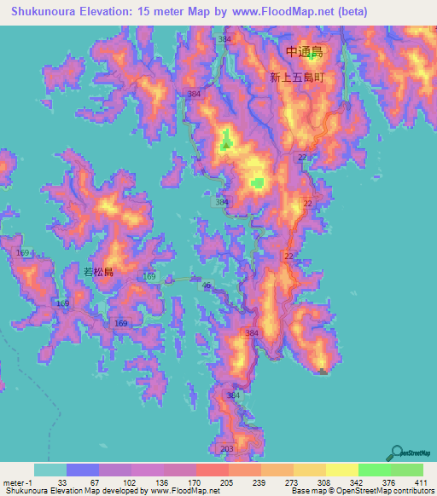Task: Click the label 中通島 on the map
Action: click(x=305, y=52)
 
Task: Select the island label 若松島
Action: click(x=98, y=271)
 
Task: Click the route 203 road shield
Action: click(x=226, y=448)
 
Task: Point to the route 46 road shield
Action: click(x=207, y=285)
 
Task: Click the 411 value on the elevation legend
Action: click(x=421, y=481)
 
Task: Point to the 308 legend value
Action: click(x=324, y=481)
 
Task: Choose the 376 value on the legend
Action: click(x=389, y=481)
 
